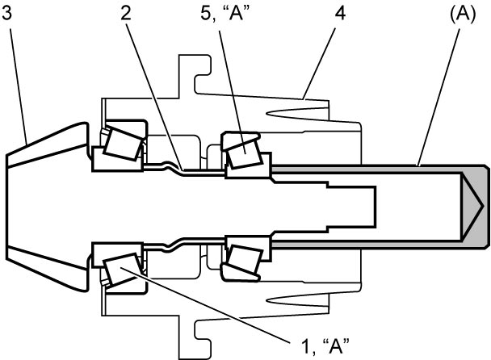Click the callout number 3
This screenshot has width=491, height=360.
pos(6,14)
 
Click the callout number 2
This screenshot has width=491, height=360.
pos(126,14)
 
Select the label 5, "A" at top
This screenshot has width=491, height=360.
pos(225,14)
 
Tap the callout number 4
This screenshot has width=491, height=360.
pos(339,14)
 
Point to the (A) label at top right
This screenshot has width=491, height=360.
pos(463,15)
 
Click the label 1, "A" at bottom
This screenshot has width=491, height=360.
pos(325,346)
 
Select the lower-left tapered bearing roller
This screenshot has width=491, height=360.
pos(121,268)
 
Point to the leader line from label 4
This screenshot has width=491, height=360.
pos(320,64)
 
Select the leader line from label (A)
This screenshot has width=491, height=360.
pos(439,97)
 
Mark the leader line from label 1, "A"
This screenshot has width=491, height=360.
pos(206,305)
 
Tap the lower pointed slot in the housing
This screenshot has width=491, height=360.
pos(297,300)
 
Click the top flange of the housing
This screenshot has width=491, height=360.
pos(194,75)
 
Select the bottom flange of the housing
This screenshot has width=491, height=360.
pos(194,339)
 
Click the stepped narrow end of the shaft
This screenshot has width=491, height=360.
pos(350,207)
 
